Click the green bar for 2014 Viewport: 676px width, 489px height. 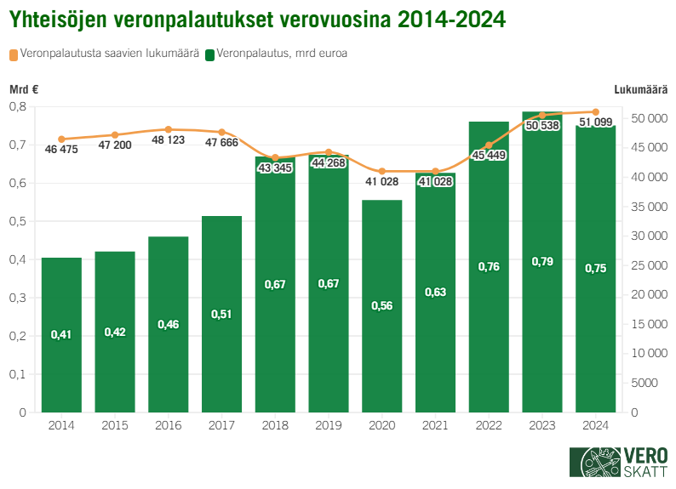[61, 335]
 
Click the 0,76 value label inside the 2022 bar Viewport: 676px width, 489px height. [490, 267]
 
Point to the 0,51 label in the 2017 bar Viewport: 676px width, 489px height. [221, 314]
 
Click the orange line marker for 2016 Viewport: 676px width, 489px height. [169, 129]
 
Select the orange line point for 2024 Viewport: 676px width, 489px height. [596, 112]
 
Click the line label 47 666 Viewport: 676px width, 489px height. [222, 143]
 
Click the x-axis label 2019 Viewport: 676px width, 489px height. [329, 425]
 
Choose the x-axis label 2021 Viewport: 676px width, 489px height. [436, 425]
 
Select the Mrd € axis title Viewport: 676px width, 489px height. [24, 89]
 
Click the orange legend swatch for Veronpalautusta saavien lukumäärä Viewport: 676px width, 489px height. [14, 54]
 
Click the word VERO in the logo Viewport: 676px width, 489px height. [645, 456]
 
